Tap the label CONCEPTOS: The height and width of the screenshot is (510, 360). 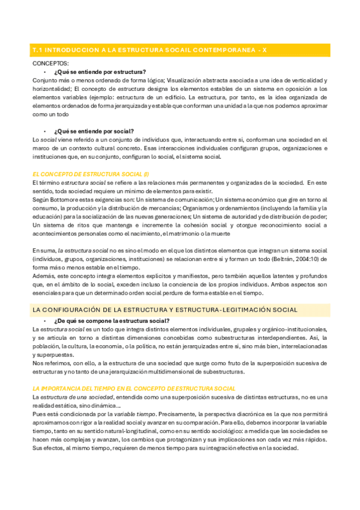point(50,63)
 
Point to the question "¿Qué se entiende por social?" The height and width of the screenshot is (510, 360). point(93,131)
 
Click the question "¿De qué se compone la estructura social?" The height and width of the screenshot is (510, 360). point(108,321)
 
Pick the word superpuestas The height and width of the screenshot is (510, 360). point(50,355)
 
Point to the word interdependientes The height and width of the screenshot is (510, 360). point(267,338)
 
